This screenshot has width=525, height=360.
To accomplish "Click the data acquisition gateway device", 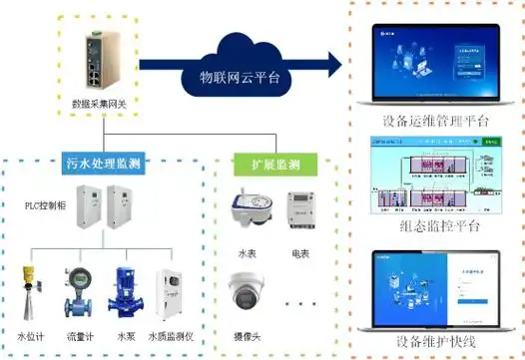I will coord(104,63).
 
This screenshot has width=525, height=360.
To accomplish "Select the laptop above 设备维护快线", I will coord(436,288).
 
